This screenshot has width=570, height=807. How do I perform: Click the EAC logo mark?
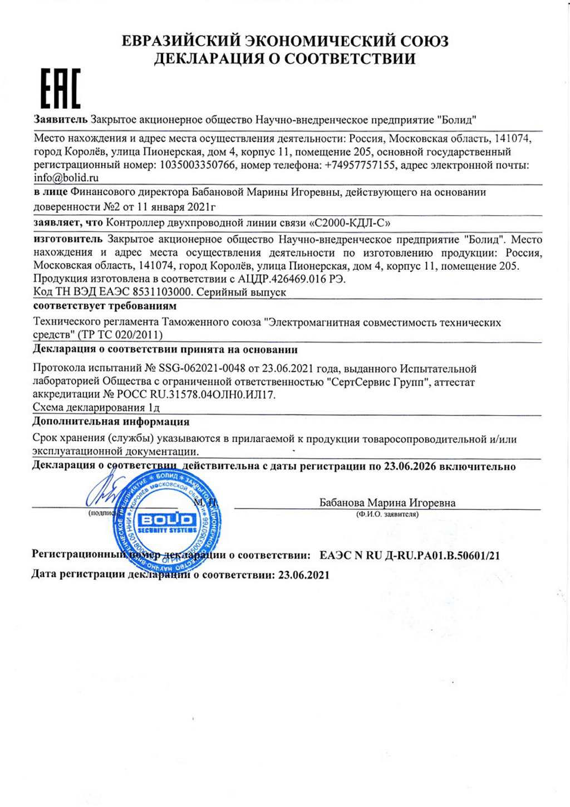[x=61, y=88]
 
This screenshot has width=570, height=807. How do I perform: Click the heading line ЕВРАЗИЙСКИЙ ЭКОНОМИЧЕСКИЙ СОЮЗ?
[x=285, y=41]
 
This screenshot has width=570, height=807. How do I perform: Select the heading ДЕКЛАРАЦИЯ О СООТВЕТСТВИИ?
[x=285, y=59]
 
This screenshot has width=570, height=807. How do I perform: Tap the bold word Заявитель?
[x=61, y=119]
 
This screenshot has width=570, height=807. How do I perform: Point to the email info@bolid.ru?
[x=66, y=178]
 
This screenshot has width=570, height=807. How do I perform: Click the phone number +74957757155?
[x=360, y=165]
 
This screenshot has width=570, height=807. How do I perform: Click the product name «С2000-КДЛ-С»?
[x=349, y=222]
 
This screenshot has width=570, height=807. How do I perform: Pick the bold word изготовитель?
[x=68, y=239]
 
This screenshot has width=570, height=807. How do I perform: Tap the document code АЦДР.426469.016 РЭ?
[x=292, y=279]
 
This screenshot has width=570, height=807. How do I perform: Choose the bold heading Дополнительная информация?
[x=111, y=421]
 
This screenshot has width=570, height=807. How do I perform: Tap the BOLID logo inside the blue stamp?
[x=166, y=521]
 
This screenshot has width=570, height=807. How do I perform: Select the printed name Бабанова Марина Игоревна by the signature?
[x=387, y=503]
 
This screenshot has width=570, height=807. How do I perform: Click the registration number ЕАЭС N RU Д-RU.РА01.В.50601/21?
[x=410, y=555]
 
